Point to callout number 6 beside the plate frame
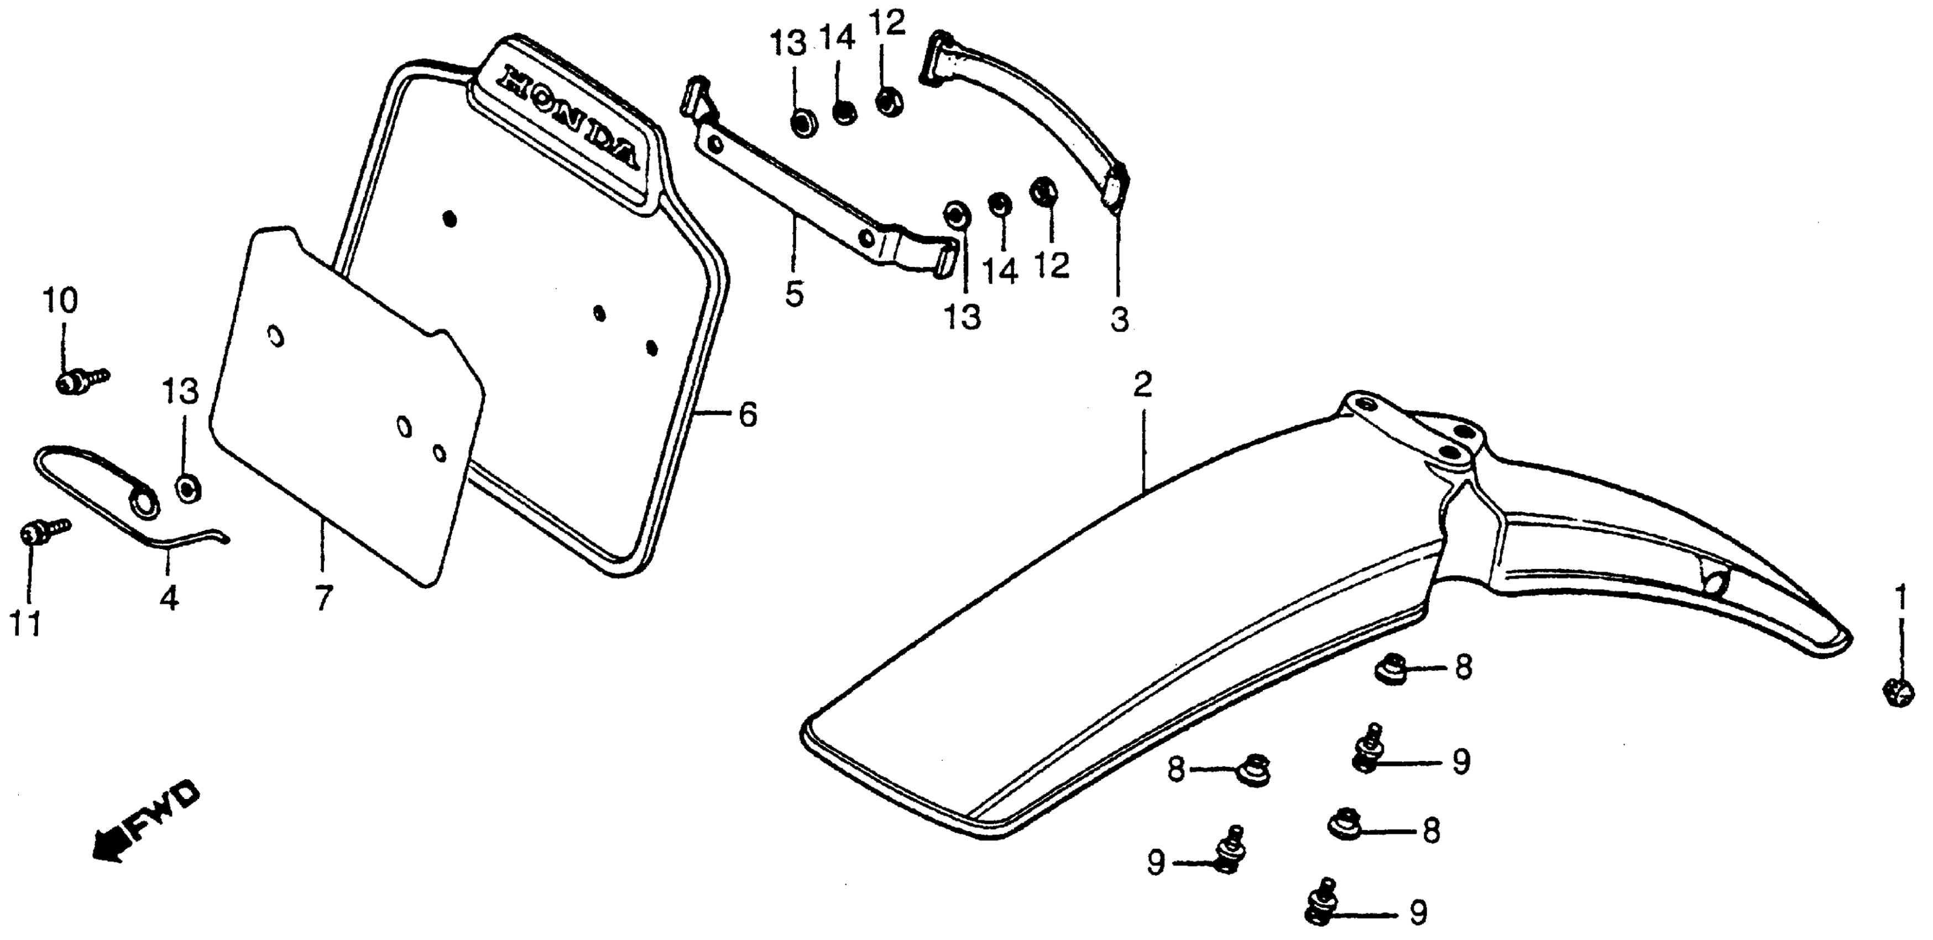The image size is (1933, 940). [x=748, y=415]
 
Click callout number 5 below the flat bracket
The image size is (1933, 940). [x=795, y=293]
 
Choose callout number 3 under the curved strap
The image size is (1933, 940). [x=1119, y=320]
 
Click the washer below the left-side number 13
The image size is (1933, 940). [x=187, y=488]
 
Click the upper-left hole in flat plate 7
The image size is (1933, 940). [x=276, y=337]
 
